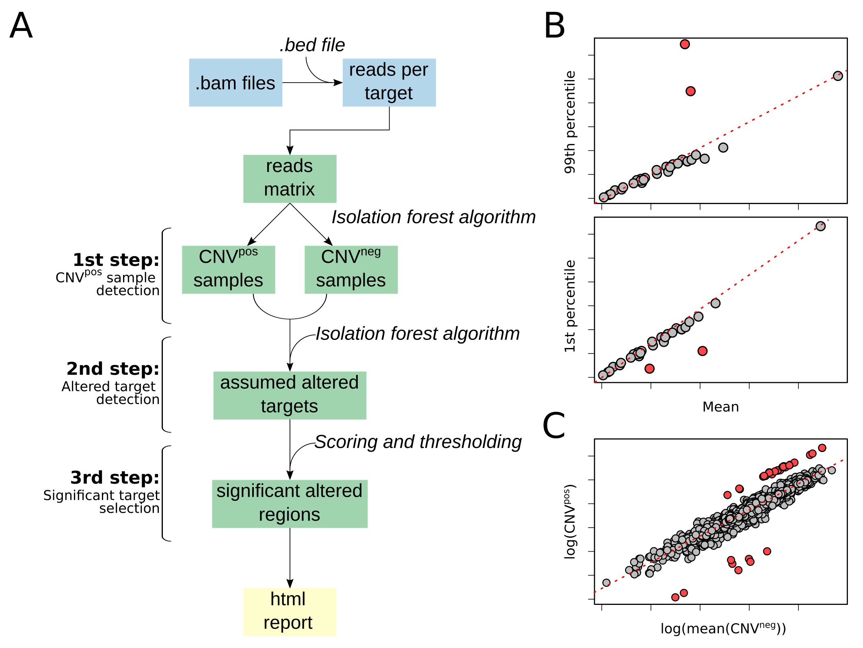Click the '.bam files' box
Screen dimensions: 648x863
pyautogui.click(x=236, y=83)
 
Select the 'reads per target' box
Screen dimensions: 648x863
pyautogui.click(x=389, y=83)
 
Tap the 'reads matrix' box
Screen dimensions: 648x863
pyautogui.click(x=290, y=178)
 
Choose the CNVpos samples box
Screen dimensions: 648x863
pyautogui.click(x=228, y=270)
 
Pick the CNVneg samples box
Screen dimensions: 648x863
pyautogui.click(x=351, y=270)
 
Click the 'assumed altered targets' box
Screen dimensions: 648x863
pyautogui.click(x=290, y=395)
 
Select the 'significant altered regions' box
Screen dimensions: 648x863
pyautogui.click(x=290, y=504)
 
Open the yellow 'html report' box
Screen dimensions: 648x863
pyautogui.click(x=290, y=611)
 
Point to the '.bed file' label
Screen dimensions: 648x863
pyautogui.click(x=312, y=45)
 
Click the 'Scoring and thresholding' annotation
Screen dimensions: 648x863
pyautogui.click(x=418, y=442)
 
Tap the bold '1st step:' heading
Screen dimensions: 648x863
pyautogui.click(x=116, y=260)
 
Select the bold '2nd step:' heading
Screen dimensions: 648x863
pyautogui.click(x=112, y=369)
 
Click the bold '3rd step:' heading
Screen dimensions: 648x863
pyautogui.click(x=115, y=478)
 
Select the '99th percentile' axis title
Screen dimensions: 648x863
pyautogui.click(x=570, y=122)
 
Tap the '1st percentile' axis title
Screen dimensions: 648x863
pyautogui.click(x=570, y=306)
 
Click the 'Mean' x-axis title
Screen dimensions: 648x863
pyautogui.click(x=720, y=407)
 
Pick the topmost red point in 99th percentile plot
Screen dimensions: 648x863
pyautogui.click(x=685, y=44)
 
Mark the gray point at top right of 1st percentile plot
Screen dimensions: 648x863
pyautogui.click(x=820, y=226)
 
